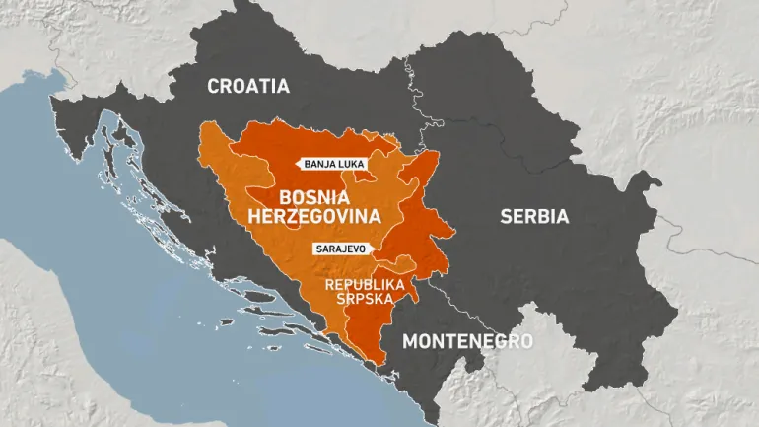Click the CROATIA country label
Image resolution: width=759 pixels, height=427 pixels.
pyautogui.click(x=248, y=86)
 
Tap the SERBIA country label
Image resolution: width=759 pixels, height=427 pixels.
pyautogui.click(x=534, y=216)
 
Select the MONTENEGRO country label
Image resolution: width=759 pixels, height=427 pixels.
pyautogui.click(x=467, y=341)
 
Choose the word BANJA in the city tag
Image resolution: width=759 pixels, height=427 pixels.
pyautogui.click(x=320, y=166)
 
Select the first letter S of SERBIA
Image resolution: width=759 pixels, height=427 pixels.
pyautogui.click(x=506, y=216)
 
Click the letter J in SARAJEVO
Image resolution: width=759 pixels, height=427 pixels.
pyautogui.click(x=343, y=249)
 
